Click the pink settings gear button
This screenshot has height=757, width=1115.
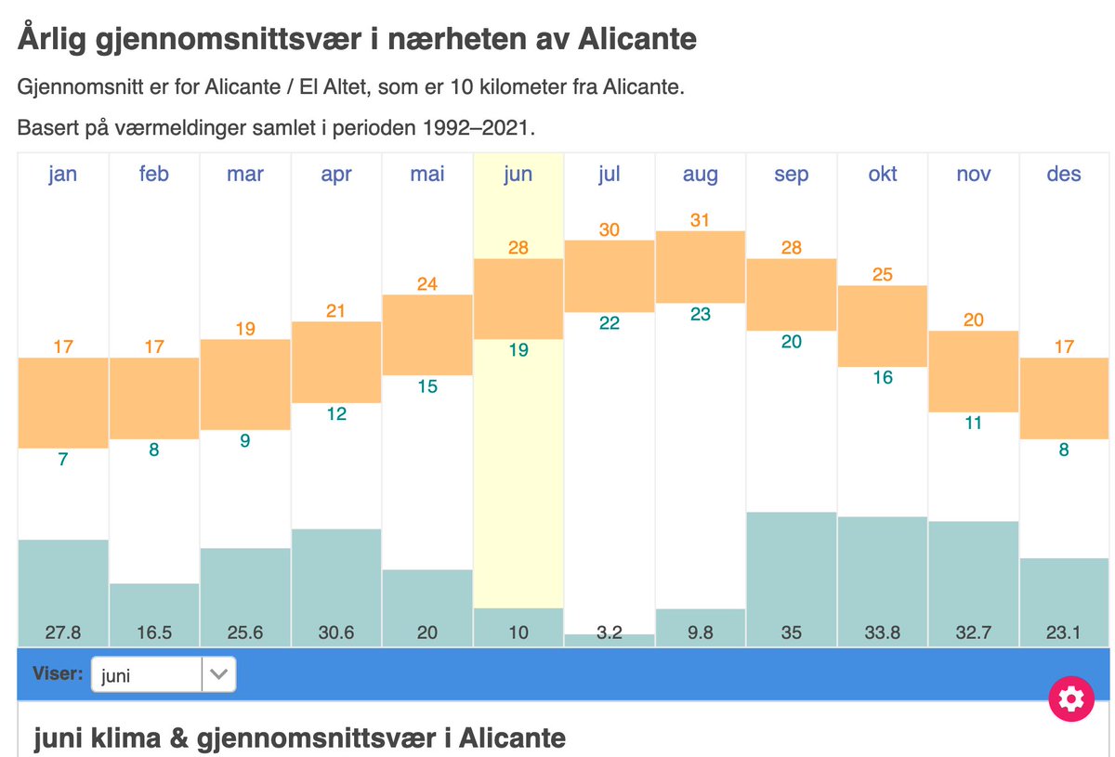(1070, 698)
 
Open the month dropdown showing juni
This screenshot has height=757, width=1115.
(164, 675)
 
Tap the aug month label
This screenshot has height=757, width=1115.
(701, 174)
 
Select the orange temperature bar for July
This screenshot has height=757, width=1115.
(610, 276)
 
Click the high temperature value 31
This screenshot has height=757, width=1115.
(701, 220)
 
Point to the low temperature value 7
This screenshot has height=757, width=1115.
(63, 459)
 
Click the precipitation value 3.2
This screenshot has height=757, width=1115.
(610, 633)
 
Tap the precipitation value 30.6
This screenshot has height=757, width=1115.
(336, 633)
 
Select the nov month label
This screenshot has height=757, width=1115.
(974, 174)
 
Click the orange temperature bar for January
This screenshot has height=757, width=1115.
(63, 402)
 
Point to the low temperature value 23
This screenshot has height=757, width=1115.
(701, 314)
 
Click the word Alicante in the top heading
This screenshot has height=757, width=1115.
(636, 40)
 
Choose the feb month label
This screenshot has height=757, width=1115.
(154, 174)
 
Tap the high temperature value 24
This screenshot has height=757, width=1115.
(427, 284)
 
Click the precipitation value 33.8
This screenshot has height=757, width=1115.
(883, 633)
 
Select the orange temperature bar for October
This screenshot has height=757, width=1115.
(883, 326)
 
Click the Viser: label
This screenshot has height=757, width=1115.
(58, 674)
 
